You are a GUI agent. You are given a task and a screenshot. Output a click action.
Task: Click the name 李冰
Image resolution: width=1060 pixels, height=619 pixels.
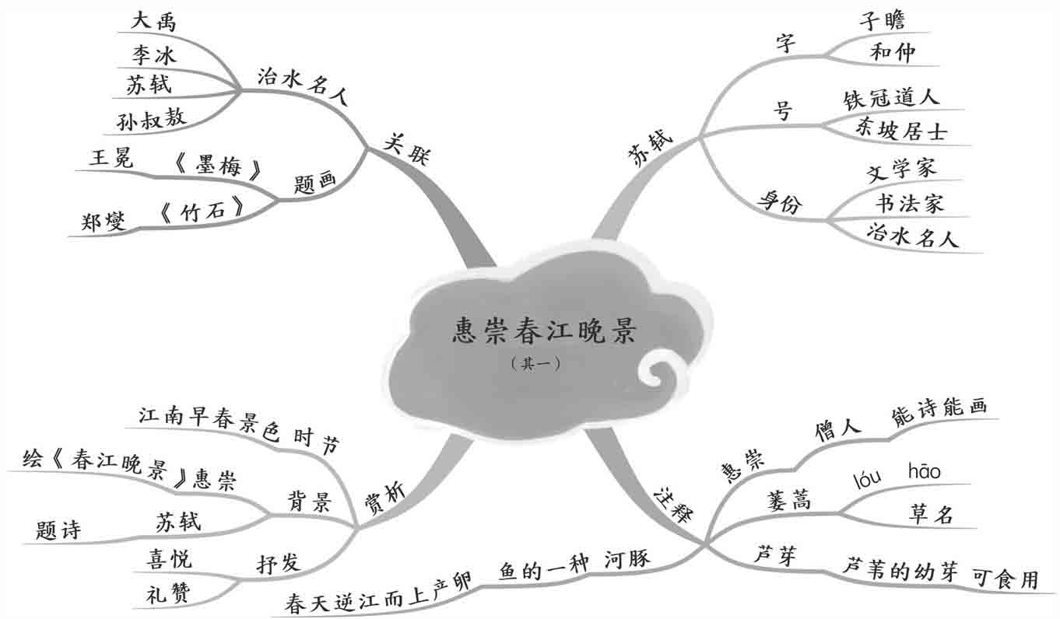tap(153, 54)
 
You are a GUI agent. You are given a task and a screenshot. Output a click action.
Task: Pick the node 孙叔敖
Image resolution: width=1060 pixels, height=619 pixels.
tap(152, 117)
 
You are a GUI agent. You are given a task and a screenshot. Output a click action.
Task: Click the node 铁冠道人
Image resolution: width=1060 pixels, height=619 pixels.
tap(891, 98)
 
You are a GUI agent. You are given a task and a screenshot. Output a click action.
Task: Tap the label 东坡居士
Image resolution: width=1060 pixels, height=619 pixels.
tap(900, 130)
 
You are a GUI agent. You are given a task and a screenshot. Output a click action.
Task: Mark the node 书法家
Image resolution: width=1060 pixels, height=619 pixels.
tap(909, 203)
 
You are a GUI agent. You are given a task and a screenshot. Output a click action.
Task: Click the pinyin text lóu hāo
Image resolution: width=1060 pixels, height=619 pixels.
tap(897, 474)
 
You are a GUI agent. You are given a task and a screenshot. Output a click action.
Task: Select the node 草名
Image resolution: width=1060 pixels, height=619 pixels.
tap(931, 513)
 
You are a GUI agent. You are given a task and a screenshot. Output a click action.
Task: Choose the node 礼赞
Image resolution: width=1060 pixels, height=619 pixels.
tap(167, 595)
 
